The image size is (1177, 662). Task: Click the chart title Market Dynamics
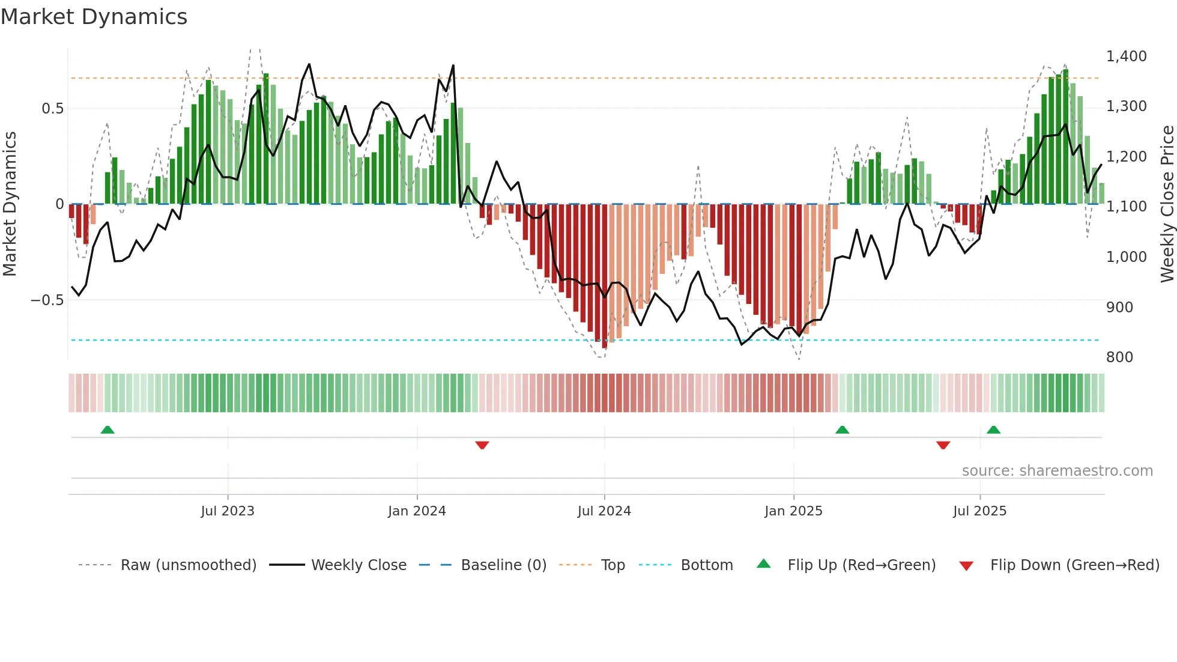[94, 17]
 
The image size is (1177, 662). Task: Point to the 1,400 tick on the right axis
[1126, 56]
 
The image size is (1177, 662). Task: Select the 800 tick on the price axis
[1119, 357]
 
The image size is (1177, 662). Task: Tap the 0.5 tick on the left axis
[52, 109]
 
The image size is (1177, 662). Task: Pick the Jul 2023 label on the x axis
[228, 511]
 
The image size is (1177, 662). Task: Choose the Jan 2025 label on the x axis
[793, 511]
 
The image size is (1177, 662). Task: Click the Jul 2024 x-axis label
[604, 511]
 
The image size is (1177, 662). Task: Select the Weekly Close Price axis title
[1167, 204]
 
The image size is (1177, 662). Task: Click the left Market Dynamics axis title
[10, 204]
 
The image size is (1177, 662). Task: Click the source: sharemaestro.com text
[1057, 471]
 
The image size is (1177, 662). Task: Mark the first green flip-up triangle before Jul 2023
[107, 430]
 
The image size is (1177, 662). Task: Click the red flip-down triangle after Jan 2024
[482, 445]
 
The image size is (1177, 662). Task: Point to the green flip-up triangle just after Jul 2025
[994, 430]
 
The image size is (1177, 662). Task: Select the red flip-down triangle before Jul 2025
[943, 445]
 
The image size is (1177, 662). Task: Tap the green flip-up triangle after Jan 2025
[843, 430]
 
